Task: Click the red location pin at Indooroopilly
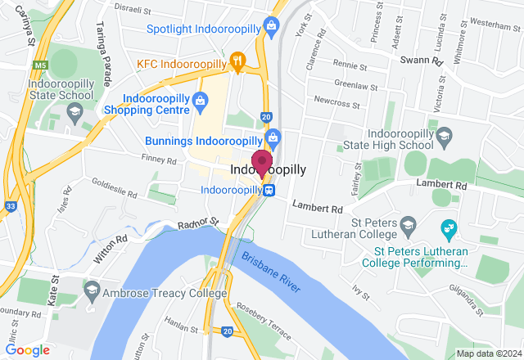(261, 162)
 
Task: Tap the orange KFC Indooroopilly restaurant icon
(237, 60)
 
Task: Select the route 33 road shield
(8, 205)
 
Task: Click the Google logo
(27, 349)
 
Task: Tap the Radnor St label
(199, 223)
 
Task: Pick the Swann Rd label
(422, 61)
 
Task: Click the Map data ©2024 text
(488, 353)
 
